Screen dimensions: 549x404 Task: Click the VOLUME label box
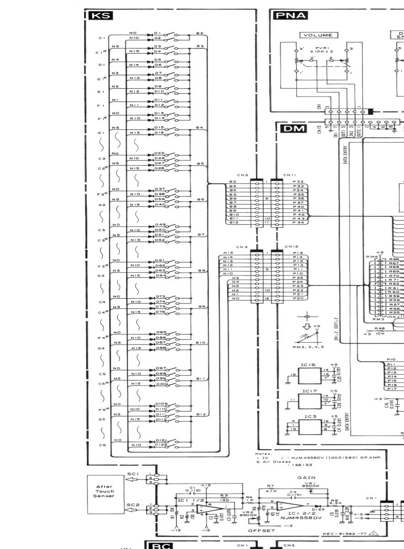(x=319, y=35)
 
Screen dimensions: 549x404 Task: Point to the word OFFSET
(x=262, y=531)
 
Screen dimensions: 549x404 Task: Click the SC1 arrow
(x=132, y=479)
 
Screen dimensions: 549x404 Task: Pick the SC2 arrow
(x=132, y=510)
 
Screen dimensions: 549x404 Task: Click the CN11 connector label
(x=290, y=175)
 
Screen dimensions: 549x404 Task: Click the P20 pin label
(x=298, y=298)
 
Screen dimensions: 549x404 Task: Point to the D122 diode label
(x=159, y=445)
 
